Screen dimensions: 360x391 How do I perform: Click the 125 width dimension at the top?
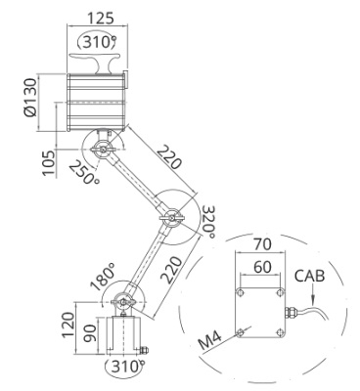click(101, 18)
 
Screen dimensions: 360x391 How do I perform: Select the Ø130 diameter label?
click(30, 98)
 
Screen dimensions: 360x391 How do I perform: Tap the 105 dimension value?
click(49, 163)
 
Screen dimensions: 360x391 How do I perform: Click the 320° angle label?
click(208, 222)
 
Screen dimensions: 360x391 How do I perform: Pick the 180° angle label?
click(104, 277)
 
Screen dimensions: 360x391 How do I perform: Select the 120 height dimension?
click(68, 326)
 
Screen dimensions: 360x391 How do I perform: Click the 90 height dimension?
click(89, 332)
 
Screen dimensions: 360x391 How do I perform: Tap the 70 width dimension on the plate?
click(262, 244)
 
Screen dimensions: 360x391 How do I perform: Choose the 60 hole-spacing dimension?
click(262, 267)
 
